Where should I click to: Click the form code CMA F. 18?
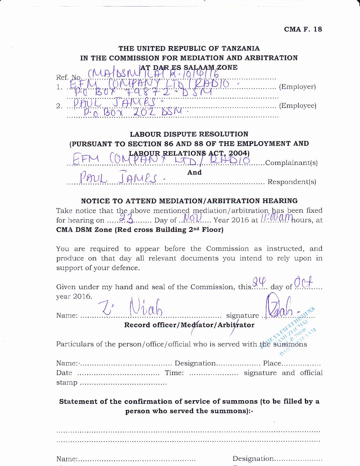tap(303, 29)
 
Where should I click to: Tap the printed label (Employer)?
tap(297, 87)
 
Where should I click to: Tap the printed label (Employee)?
tap(298, 106)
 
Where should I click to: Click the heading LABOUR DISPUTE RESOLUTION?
tap(189, 134)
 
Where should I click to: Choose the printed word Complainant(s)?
tap(291, 163)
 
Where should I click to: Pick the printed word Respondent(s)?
tap(292, 182)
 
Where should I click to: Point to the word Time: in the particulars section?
tap(174, 373)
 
